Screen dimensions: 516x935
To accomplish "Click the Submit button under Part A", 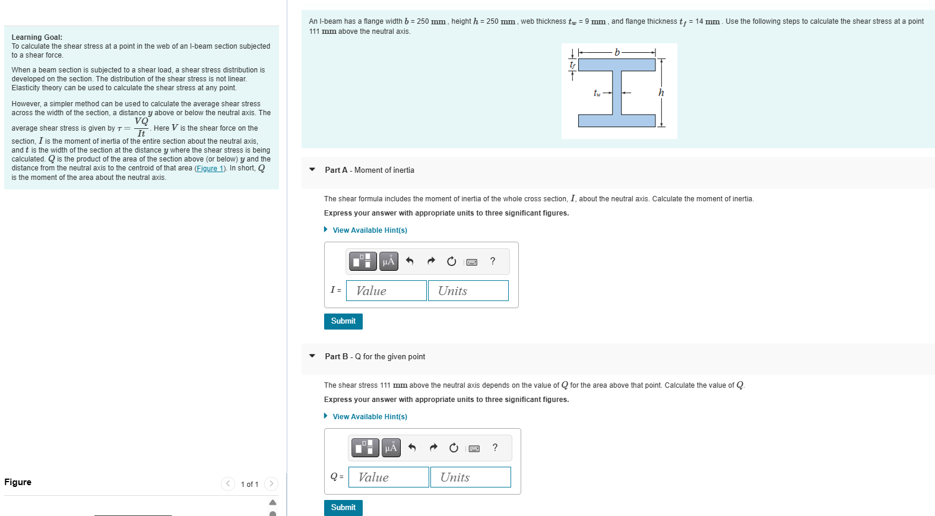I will (343, 321).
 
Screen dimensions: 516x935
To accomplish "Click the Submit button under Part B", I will (343, 508).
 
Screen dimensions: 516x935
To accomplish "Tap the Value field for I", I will (386, 291).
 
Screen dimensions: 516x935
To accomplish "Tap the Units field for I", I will (468, 291).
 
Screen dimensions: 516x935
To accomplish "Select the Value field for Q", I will (388, 477).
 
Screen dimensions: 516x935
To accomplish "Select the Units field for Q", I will (470, 477).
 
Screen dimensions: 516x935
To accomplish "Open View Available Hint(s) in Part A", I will (369, 230).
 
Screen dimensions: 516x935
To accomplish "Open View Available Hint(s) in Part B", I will (369, 417).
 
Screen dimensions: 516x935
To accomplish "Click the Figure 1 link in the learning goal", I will (210, 169).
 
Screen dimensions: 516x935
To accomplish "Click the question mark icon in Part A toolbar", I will (493, 261).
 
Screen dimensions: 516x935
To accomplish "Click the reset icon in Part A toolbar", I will (451, 261).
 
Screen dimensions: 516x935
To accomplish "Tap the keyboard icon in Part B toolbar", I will (474, 448).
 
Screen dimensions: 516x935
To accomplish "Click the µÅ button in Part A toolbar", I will (388, 261).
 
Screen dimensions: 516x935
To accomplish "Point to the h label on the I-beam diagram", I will (661, 93).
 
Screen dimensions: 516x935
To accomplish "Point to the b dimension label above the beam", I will (617, 52).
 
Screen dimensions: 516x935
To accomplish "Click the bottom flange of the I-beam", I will (617, 121).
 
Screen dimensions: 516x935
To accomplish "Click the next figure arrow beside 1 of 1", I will (271, 484).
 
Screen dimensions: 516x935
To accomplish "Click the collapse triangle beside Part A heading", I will (312, 170).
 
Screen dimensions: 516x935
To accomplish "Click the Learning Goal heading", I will (37, 37).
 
